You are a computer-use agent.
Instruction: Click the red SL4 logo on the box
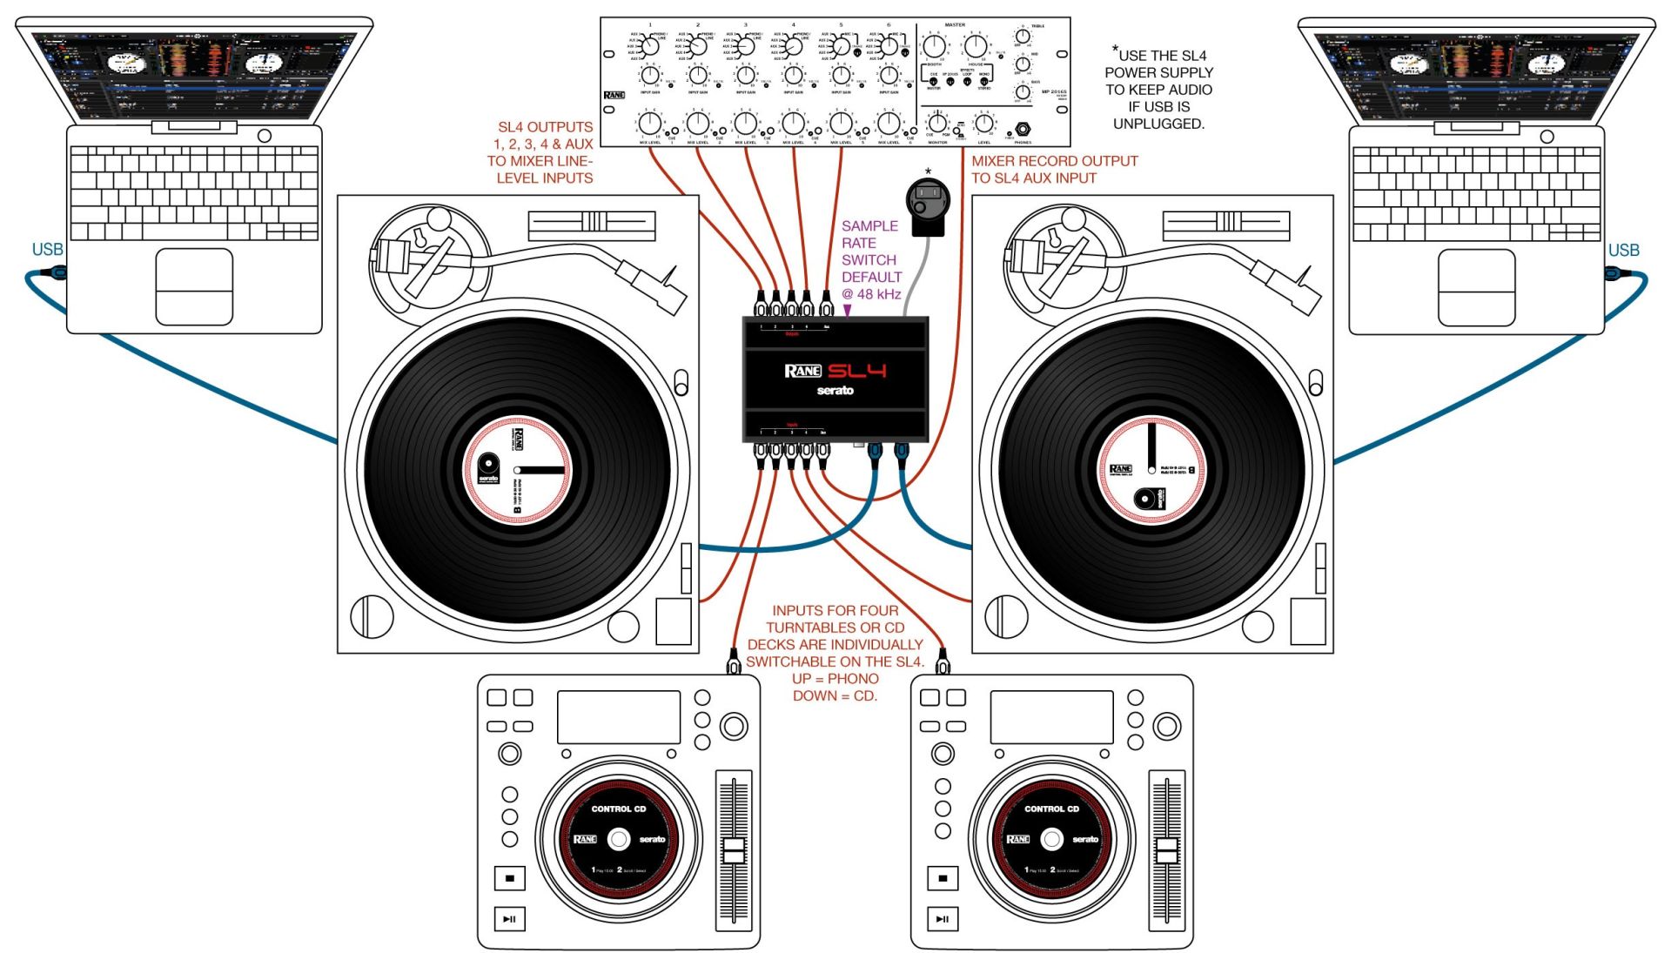click(x=856, y=371)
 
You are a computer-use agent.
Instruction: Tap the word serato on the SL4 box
click(x=835, y=391)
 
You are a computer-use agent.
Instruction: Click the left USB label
click(x=47, y=250)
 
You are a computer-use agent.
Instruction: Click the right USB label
click(x=1623, y=251)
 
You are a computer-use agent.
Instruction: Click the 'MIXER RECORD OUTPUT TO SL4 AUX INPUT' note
click(x=1053, y=170)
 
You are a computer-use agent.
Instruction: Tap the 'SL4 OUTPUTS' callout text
click(x=542, y=152)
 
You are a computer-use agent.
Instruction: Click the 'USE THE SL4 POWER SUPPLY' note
click(x=1158, y=90)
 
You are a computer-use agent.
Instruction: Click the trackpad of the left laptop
click(x=194, y=286)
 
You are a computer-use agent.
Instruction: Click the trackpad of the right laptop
click(x=1476, y=287)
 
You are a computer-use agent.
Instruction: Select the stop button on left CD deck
click(x=509, y=878)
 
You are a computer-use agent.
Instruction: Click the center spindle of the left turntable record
click(x=518, y=471)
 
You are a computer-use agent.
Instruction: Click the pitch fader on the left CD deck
click(x=734, y=850)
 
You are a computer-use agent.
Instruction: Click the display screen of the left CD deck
click(x=618, y=717)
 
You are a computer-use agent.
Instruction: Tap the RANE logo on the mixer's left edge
click(x=614, y=95)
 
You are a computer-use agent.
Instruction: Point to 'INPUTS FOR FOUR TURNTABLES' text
click(x=835, y=653)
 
